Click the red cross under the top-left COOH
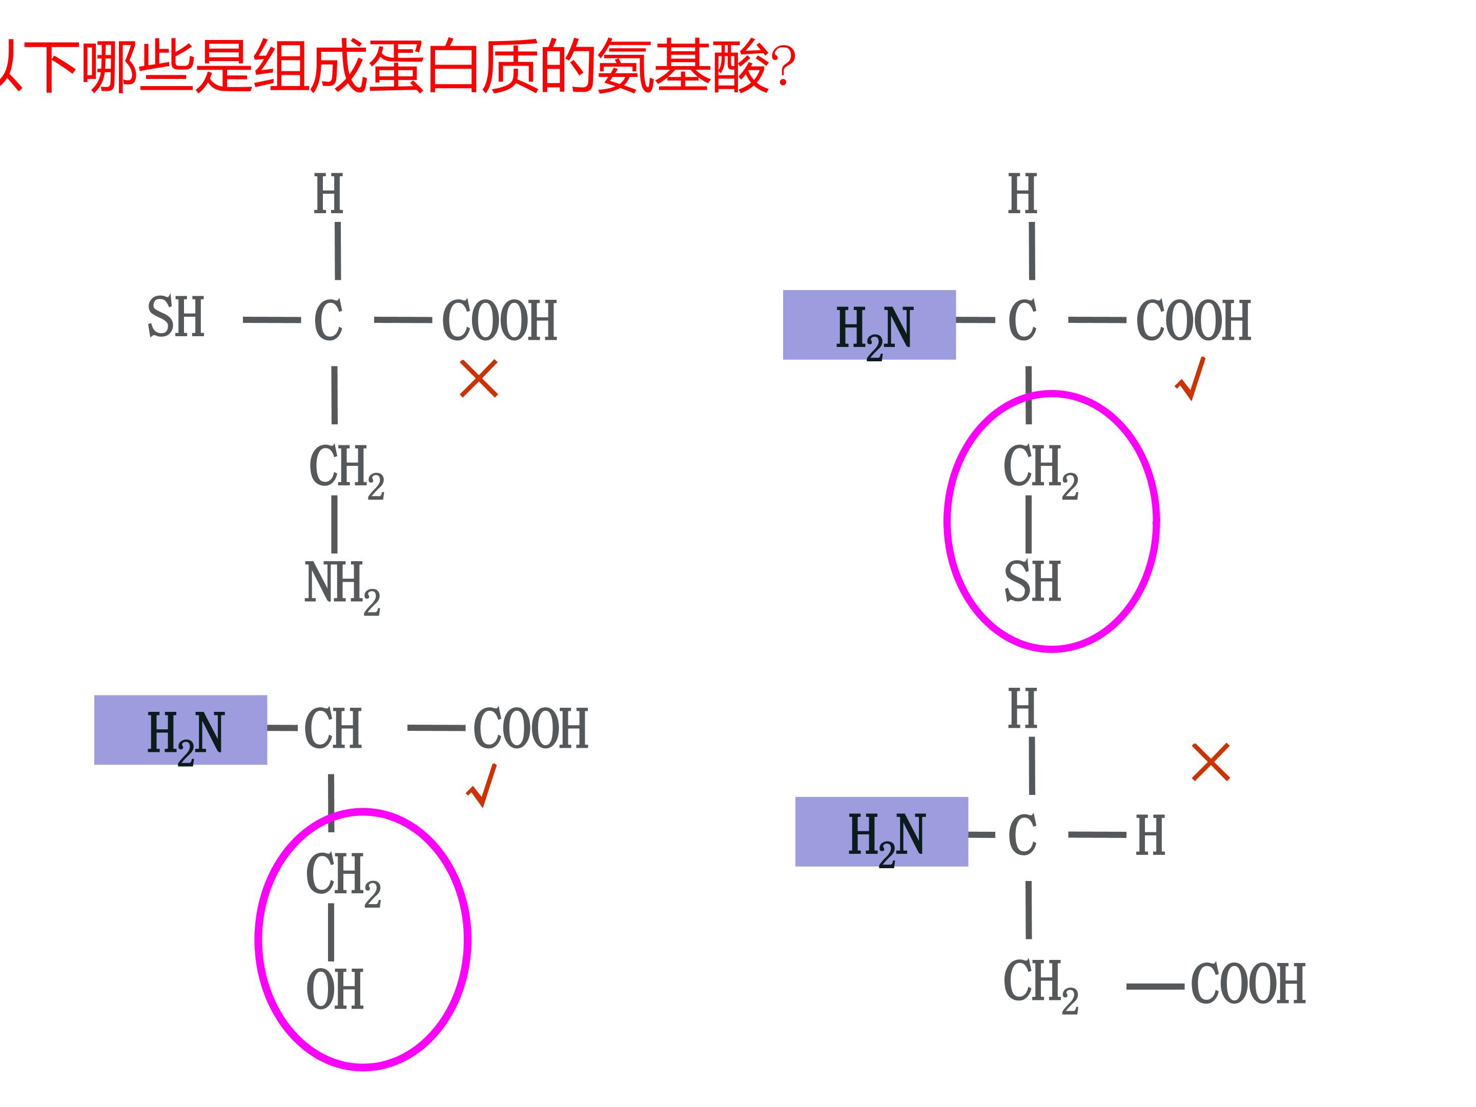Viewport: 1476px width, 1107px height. tap(479, 378)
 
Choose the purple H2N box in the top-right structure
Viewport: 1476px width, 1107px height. tap(869, 325)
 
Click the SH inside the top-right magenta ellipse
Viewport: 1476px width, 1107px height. tap(1032, 582)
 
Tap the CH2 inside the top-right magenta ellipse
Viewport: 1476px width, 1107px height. tap(1040, 471)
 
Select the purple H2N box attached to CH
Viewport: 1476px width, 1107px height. tap(180, 729)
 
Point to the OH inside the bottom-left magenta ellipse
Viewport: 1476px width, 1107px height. tap(334, 990)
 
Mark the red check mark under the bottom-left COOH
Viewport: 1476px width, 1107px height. tap(482, 785)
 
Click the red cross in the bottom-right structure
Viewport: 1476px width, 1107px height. tap(1211, 762)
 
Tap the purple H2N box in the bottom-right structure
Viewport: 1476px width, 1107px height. tap(881, 831)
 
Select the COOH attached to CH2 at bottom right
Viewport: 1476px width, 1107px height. tap(1248, 983)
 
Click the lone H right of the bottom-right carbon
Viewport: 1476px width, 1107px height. tap(1151, 835)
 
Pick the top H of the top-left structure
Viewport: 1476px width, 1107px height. tap(329, 194)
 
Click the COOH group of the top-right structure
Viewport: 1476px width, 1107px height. tap(1193, 320)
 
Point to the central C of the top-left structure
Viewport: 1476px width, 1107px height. tap(329, 320)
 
